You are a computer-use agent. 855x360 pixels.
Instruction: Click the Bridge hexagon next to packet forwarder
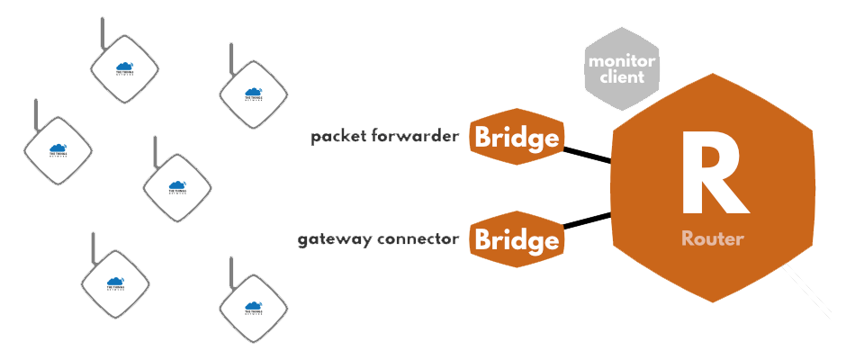click(517, 139)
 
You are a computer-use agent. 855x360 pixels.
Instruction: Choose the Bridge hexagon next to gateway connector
click(517, 240)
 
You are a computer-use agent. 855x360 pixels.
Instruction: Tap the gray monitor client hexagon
click(621, 63)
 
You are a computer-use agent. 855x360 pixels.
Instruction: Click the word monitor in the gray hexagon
click(621, 61)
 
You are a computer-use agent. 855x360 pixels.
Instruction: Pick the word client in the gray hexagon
click(621, 77)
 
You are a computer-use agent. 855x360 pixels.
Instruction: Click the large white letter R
click(712, 175)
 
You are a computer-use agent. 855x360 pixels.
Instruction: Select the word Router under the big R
click(712, 238)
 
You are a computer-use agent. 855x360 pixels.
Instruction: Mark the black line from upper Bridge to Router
click(588, 156)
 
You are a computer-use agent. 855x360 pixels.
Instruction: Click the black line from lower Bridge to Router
click(588, 221)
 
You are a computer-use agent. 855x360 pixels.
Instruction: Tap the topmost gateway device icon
click(125, 68)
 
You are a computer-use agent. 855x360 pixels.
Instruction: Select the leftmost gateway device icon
click(58, 150)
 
